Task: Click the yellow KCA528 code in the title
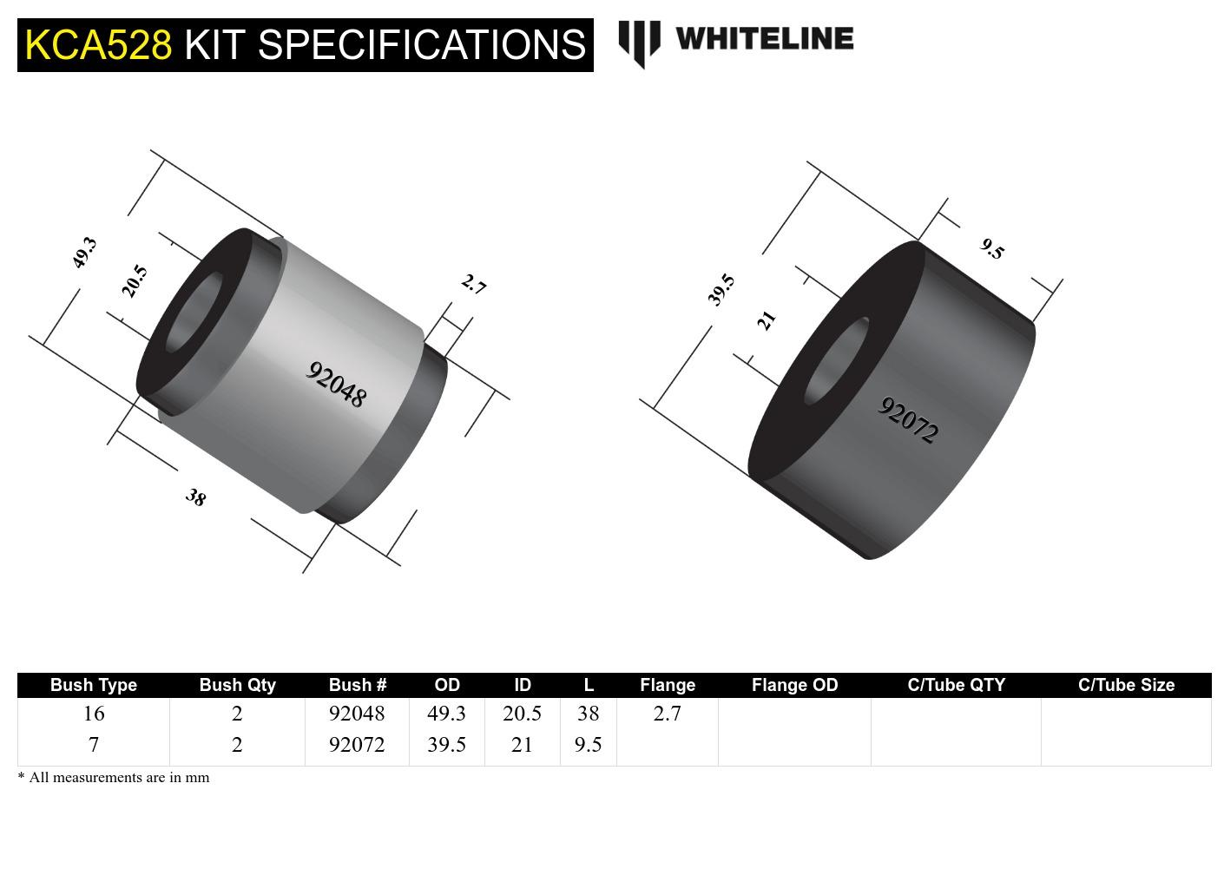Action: tap(98, 44)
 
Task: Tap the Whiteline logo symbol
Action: tap(639, 43)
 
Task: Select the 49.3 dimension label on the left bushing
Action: tap(84, 253)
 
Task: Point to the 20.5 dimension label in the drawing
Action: tap(135, 281)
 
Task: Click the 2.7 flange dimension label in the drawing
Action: tap(473, 284)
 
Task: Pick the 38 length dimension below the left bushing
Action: tap(196, 497)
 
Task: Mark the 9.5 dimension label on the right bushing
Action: tap(992, 249)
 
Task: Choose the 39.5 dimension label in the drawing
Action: tap(721, 290)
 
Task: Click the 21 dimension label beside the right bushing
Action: tap(766, 320)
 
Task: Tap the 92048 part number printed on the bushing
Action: tap(336, 385)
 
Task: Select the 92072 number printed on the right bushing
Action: tap(908, 420)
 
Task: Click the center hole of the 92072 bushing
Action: tap(836, 361)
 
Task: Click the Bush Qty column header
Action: tap(237, 685)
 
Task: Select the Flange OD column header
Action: tap(794, 685)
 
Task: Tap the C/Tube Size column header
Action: tap(1126, 685)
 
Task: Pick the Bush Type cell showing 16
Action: tap(94, 714)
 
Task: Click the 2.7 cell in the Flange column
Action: tap(667, 714)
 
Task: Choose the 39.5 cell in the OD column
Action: tap(446, 745)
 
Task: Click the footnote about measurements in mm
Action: tap(114, 778)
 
